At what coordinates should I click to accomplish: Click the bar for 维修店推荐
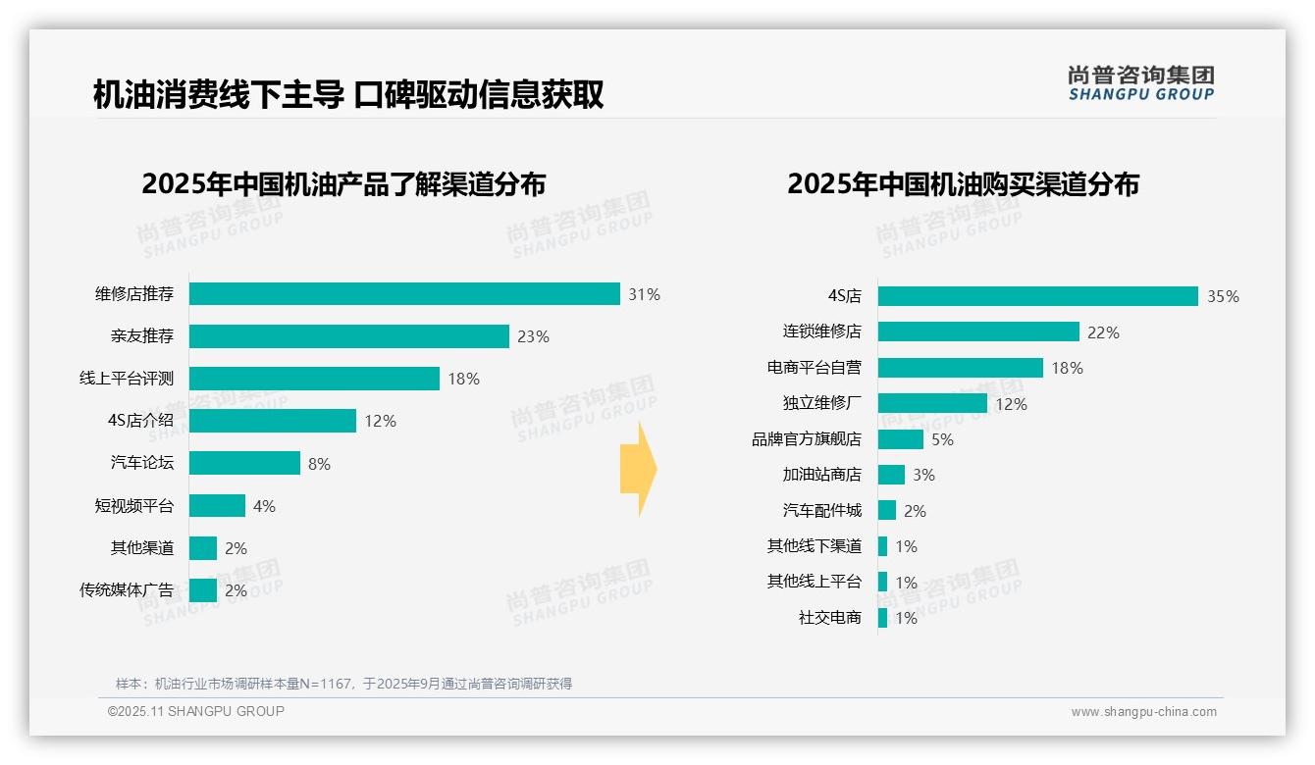(x=404, y=294)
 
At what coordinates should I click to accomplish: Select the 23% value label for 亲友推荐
(x=533, y=336)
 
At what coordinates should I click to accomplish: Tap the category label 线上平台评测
(x=127, y=379)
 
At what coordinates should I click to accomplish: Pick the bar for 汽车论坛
(x=244, y=463)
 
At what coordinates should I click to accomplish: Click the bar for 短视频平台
(x=217, y=505)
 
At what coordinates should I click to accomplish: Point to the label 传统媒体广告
(x=127, y=590)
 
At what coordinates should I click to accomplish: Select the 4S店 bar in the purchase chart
(x=1037, y=296)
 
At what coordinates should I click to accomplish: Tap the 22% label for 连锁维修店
(x=1103, y=332)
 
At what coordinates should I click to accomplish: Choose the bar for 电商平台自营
(x=960, y=368)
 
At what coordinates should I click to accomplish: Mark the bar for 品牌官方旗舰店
(x=900, y=439)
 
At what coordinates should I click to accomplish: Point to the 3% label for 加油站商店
(x=923, y=475)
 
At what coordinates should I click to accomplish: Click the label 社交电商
(x=829, y=618)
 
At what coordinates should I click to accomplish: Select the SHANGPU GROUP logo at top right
(x=1140, y=82)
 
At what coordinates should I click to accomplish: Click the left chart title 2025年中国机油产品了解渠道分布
(x=343, y=184)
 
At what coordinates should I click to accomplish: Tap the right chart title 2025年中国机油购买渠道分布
(x=963, y=184)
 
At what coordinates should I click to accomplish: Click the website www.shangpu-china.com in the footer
(x=1143, y=712)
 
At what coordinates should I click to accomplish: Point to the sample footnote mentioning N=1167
(x=343, y=684)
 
